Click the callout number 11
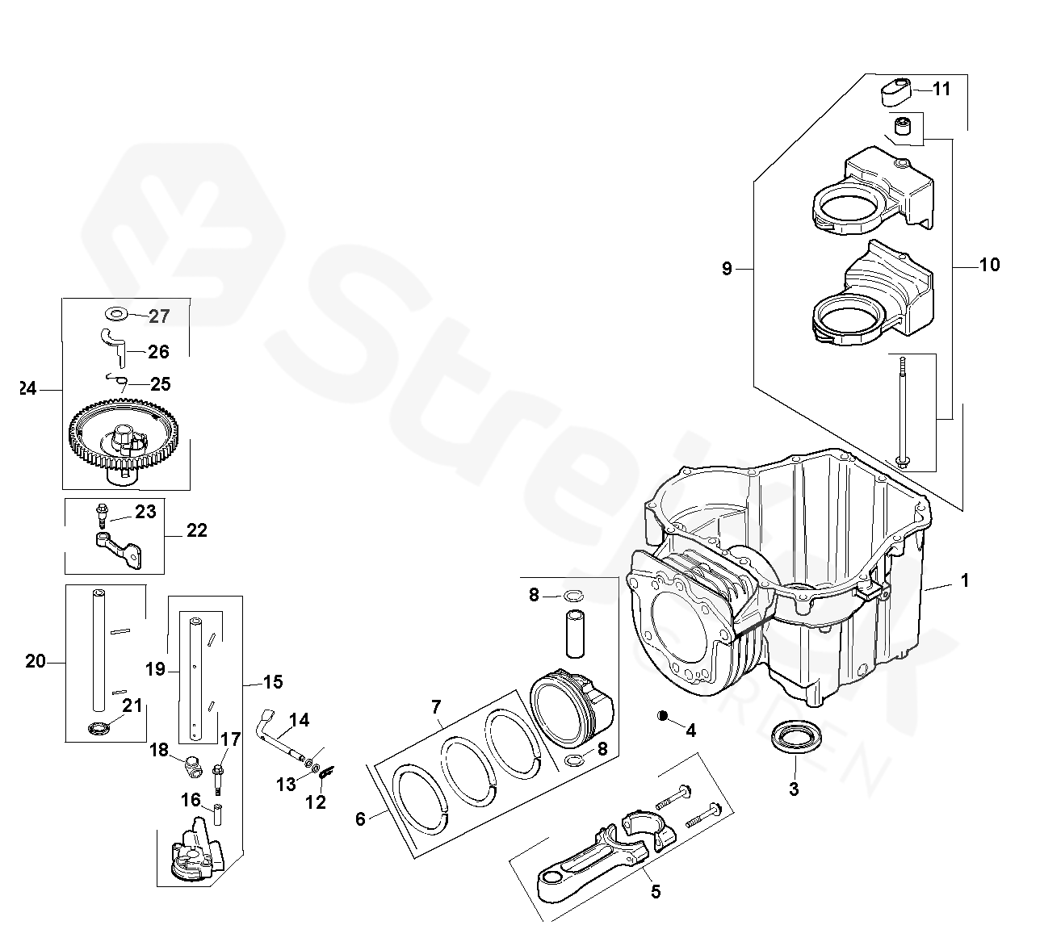[x=941, y=89]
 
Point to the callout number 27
[x=160, y=316]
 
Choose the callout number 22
[x=196, y=530]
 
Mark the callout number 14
[x=299, y=720]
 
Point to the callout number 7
[x=436, y=708]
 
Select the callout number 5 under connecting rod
[x=656, y=891]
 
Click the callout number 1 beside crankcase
[x=964, y=580]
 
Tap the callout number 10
[x=988, y=265]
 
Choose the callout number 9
[x=727, y=268]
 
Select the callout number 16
[x=191, y=800]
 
